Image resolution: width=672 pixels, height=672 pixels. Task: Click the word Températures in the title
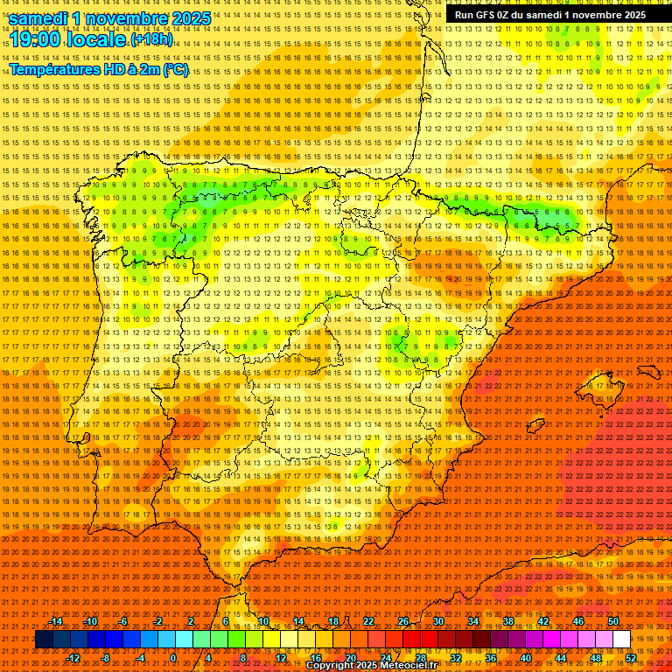[x=53, y=69]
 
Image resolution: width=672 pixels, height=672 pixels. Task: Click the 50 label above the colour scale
[x=613, y=621]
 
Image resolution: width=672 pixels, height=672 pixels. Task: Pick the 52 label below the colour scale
[x=631, y=657]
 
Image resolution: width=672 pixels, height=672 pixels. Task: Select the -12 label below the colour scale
[x=73, y=657]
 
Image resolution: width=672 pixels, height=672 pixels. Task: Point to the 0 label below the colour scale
[x=173, y=657]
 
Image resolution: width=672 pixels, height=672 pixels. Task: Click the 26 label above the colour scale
[x=403, y=621]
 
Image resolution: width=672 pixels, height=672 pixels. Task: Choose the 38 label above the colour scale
[x=508, y=621]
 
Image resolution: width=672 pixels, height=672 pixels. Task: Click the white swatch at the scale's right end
[x=621, y=640]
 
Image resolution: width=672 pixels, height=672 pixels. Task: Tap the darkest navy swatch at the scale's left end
[x=44, y=640]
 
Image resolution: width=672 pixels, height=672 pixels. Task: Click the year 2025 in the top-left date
[x=190, y=17]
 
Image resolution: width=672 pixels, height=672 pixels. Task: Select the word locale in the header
[x=96, y=39]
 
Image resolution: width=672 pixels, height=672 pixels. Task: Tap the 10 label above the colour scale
[x=263, y=621]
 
